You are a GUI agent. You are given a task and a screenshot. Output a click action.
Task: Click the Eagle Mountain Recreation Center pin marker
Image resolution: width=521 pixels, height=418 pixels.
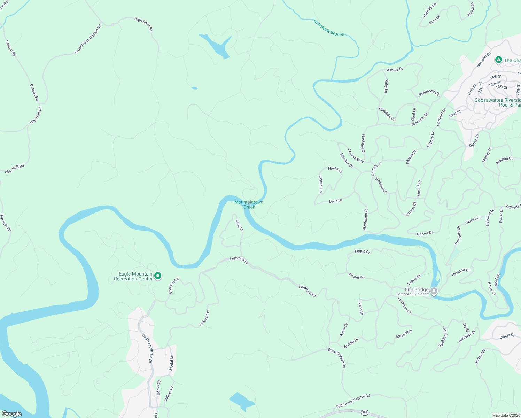pos(158,276)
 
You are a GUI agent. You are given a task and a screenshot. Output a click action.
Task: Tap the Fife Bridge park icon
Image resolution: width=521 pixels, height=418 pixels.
pos(434,291)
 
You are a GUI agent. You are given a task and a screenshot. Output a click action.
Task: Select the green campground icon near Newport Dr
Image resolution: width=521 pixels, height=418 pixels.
pos(498,60)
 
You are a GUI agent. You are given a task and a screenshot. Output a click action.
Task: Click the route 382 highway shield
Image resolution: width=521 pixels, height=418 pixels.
pos(364,412)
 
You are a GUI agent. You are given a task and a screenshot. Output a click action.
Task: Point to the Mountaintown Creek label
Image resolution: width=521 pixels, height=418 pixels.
pos(249,204)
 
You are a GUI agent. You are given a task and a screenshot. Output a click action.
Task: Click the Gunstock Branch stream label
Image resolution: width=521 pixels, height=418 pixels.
pos(329,28)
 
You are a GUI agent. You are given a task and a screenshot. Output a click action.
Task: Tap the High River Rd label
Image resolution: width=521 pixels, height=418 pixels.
pos(143,24)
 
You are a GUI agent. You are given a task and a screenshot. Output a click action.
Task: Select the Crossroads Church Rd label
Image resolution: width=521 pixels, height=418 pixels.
pos(88,39)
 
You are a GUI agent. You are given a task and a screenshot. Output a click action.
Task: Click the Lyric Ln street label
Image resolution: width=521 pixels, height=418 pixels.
pos(240,225)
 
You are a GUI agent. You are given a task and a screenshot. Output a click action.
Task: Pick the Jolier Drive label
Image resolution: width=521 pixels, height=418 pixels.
pos(204,318)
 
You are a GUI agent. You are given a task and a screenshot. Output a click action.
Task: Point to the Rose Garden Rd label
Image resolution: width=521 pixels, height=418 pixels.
pos(337,358)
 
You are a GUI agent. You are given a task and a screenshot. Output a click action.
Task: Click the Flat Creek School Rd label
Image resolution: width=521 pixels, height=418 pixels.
pos(353,401)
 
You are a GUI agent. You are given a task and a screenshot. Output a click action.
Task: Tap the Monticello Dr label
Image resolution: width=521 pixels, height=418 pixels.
pos(365,219)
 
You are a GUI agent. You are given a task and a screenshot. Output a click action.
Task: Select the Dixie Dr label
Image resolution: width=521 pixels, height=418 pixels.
pos(335,201)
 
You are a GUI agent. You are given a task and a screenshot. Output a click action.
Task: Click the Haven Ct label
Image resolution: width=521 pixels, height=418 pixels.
pos(335,169)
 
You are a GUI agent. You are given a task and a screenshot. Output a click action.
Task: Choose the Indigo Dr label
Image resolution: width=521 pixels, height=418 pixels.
pos(507,336)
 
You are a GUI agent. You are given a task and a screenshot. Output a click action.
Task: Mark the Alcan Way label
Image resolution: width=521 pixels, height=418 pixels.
pos(404,334)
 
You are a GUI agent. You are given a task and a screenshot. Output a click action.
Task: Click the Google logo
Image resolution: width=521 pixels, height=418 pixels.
pos(11,414)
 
